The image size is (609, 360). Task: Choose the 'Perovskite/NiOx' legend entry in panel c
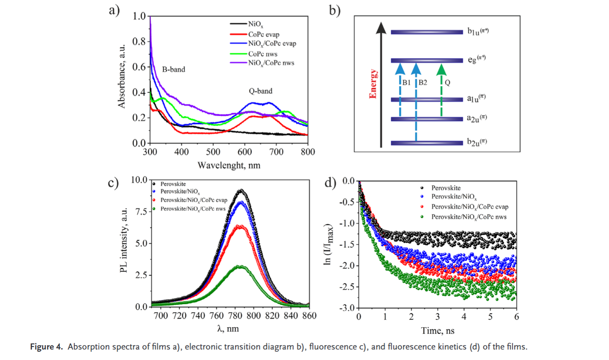tap(180, 191)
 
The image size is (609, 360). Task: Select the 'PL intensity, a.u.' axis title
tap(124, 243)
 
